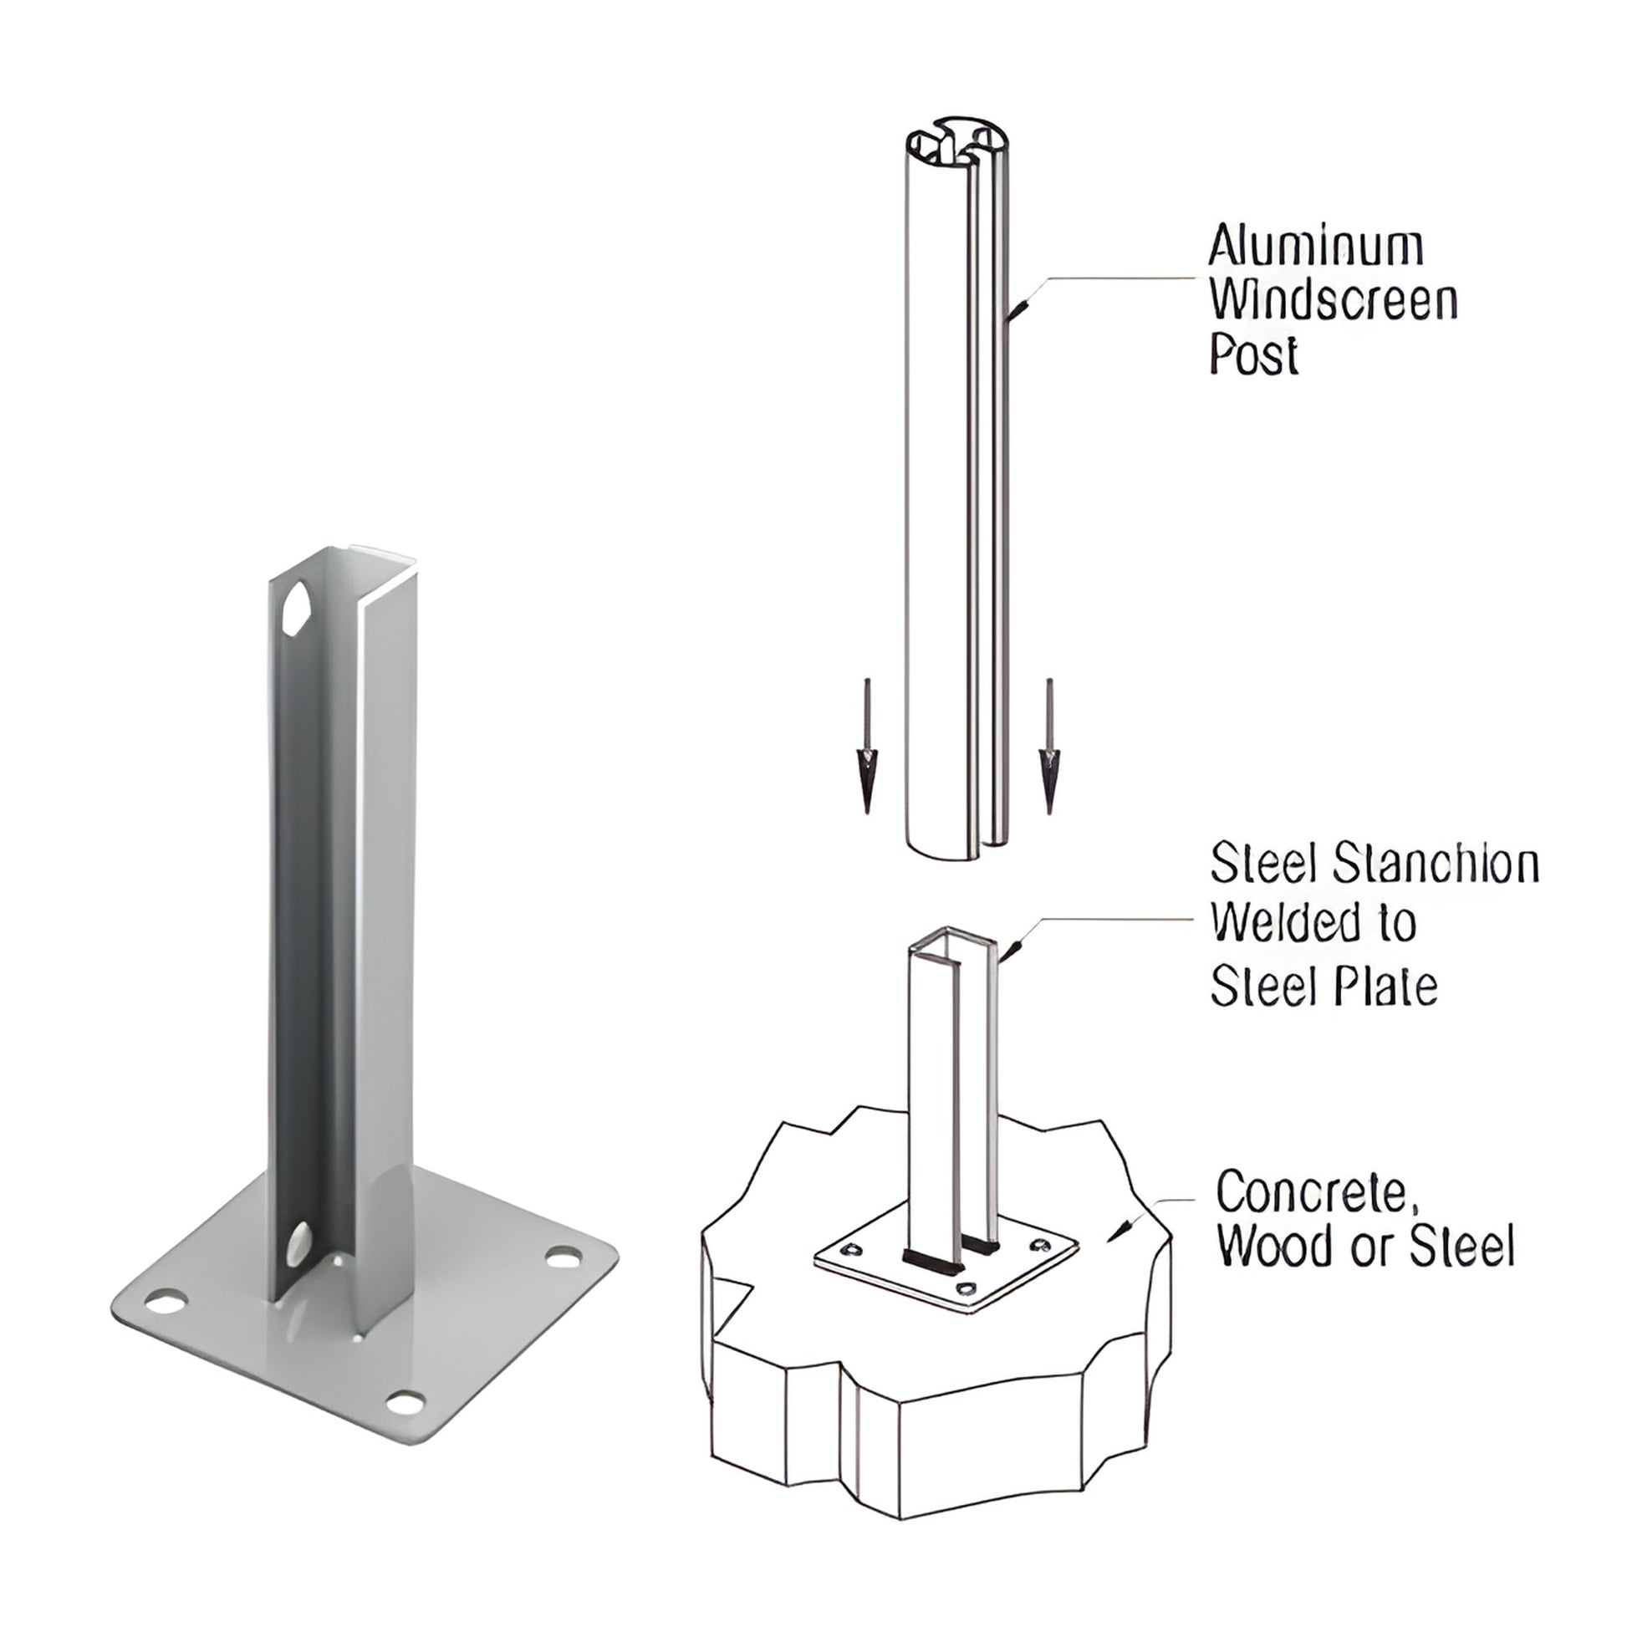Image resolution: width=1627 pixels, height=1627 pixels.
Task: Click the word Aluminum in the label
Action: point(1315,247)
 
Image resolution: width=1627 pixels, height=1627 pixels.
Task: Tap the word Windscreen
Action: point(1334,301)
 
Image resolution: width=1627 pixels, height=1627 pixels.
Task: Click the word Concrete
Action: point(1311,1192)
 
